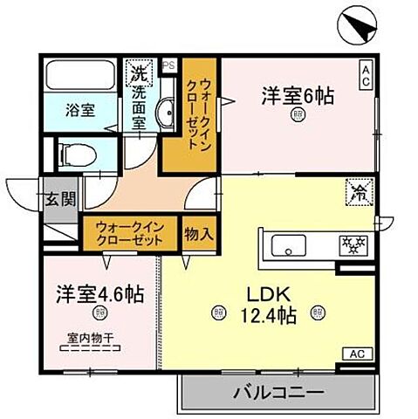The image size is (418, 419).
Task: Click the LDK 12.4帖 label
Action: tap(268, 302)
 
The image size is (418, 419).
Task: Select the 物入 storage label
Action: tap(200, 233)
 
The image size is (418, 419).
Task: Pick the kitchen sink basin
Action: tap(288, 244)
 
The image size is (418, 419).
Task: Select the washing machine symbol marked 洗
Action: tap(138, 72)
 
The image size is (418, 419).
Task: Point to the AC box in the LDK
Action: tap(357, 354)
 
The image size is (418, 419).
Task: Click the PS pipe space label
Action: tap(168, 65)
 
